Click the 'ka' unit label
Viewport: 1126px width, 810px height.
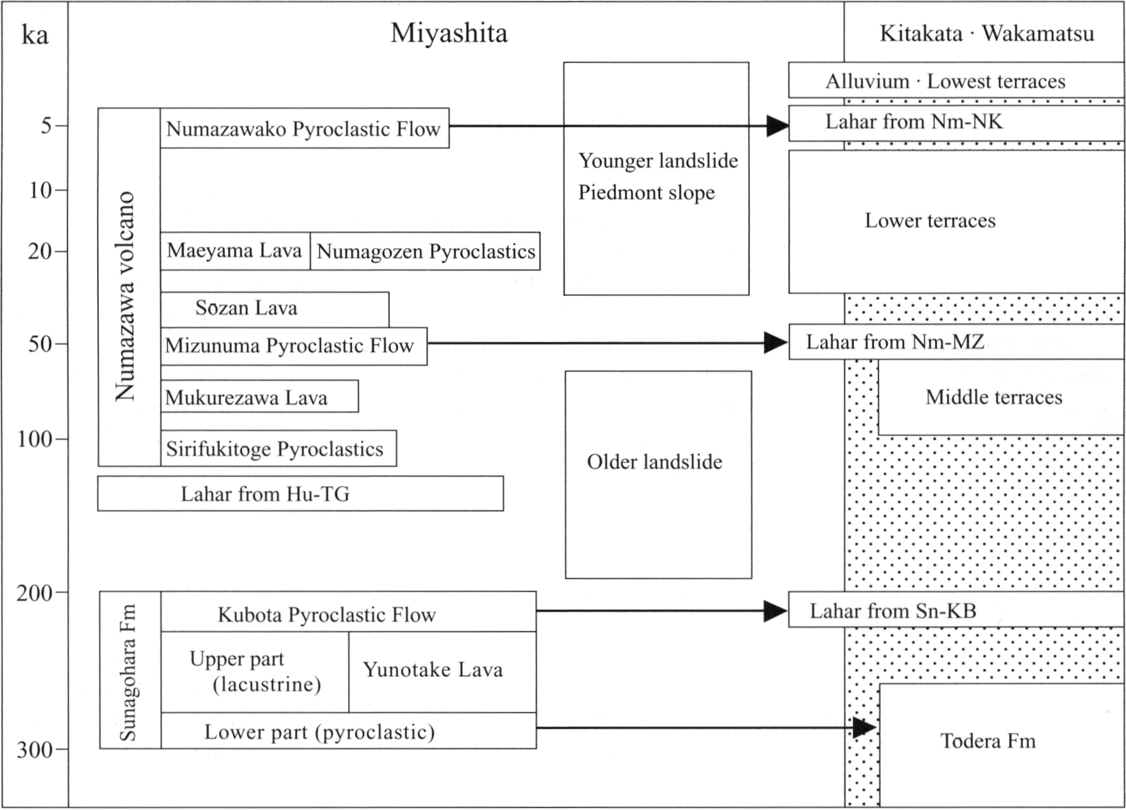click(x=35, y=35)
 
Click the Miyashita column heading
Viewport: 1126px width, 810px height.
click(x=449, y=33)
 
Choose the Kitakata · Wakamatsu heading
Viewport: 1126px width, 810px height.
click(x=986, y=33)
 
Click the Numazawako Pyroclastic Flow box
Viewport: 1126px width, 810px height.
click(x=305, y=128)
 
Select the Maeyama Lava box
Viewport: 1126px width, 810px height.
click(x=235, y=251)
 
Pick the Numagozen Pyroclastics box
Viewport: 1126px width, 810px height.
click(x=425, y=251)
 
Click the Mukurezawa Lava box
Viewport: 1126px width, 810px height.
click(x=259, y=396)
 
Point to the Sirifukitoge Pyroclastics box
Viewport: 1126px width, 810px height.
click(x=279, y=448)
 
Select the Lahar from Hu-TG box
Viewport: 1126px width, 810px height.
click(x=300, y=493)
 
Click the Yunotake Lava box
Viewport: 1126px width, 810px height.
click(x=442, y=672)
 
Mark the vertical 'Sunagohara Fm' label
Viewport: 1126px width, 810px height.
click(x=128, y=672)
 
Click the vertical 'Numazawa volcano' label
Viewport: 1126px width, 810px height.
click(x=125, y=296)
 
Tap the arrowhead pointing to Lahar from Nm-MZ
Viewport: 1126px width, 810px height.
click(x=776, y=343)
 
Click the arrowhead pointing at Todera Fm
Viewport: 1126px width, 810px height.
click(x=865, y=727)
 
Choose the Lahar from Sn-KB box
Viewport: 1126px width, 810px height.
click(x=956, y=610)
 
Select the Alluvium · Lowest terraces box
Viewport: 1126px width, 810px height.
click(x=956, y=80)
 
